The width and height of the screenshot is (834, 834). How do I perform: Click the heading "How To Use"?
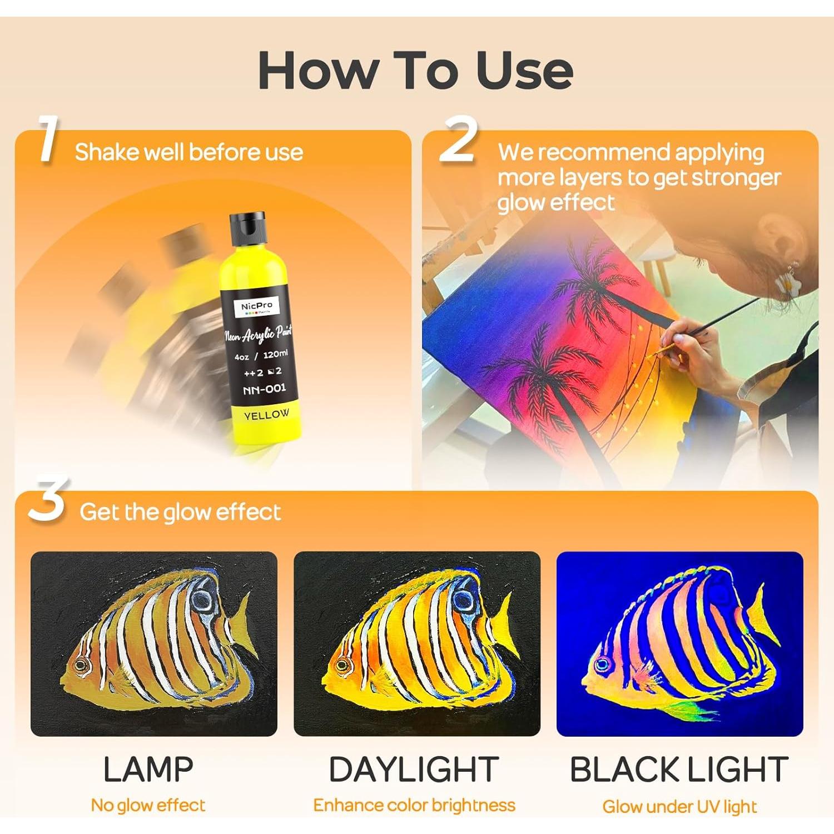point(416,70)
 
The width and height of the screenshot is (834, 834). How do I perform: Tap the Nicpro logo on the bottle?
point(257,307)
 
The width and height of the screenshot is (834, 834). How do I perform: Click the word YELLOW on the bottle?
point(267,415)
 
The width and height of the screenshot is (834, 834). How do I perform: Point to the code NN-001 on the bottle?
point(265,389)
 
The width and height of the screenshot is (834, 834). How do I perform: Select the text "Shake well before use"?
point(189,152)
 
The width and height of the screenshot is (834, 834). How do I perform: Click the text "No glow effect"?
point(148,805)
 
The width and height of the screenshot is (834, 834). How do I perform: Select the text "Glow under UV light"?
point(679,806)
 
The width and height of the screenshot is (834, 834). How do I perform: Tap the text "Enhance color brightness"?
point(414,805)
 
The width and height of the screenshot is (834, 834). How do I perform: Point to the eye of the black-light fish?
point(602,664)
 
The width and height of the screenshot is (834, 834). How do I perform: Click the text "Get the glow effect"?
point(180,512)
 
